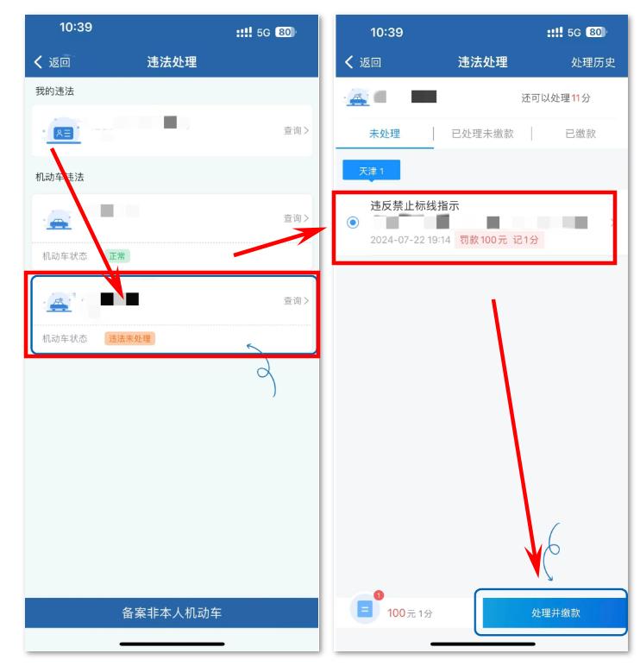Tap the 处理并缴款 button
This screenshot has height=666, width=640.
554,613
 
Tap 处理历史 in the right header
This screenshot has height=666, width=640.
593,62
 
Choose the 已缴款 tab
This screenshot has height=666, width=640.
580,134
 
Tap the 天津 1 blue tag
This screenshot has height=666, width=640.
371,171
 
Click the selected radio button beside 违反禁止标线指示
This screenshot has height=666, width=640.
353,223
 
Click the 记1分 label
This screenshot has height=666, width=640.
525,240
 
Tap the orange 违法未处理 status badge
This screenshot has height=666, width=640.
129,338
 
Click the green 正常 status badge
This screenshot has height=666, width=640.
117,256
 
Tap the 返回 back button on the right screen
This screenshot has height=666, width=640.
362,62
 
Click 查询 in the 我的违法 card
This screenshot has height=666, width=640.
295,130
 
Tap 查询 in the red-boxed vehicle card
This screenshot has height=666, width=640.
295,300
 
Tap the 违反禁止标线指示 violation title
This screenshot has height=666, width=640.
415,205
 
